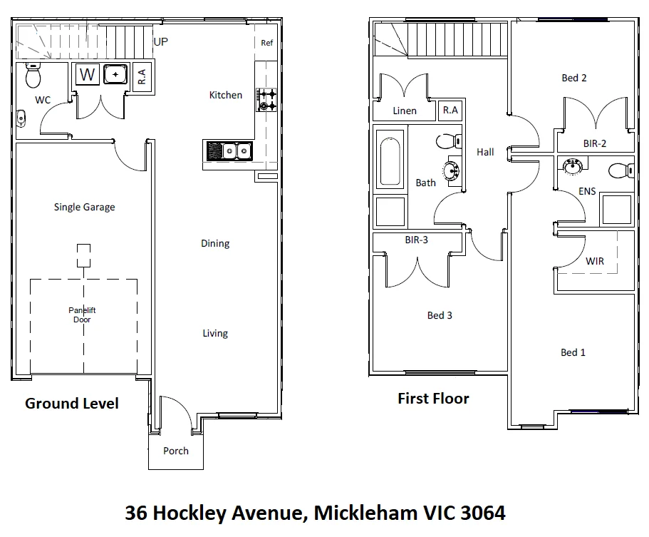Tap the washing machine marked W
coord(87,74)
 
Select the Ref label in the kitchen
coord(266,43)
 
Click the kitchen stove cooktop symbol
coord(267,100)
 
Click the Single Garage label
coord(84,208)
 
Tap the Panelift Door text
coord(82,314)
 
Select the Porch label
coord(176,451)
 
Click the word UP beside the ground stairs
coord(161,42)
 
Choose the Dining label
coord(214,244)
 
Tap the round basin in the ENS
coord(572,167)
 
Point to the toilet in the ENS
coord(620,170)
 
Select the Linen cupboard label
coord(404,111)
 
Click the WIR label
coord(594,262)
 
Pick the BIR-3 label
coord(416,240)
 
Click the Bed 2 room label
coord(573,78)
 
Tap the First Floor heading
coord(433,399)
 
